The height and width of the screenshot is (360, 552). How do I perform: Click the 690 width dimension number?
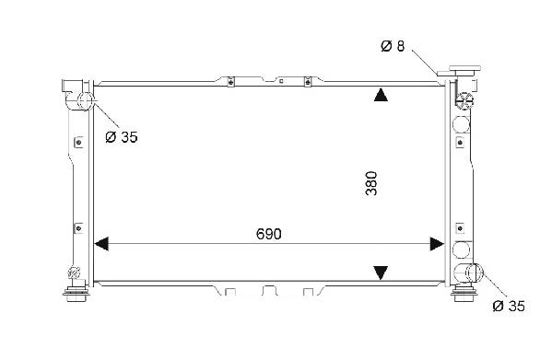[x=268, y=234]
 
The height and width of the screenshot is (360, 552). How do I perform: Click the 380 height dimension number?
[x=371, y=183]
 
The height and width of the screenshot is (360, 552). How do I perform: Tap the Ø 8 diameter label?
[x=393, y=46]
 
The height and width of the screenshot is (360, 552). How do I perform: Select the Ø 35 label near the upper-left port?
[x=122, y=137]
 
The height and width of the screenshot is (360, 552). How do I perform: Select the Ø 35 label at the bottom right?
[x=509, y=307]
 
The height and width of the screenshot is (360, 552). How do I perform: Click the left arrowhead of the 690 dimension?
[x=101, y=244]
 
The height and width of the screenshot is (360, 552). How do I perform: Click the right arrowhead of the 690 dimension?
[x=437, y=244]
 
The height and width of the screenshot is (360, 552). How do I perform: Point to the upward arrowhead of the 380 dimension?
[x=381, y=95]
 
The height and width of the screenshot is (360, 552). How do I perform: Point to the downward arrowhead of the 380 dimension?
[x=381, y=273]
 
